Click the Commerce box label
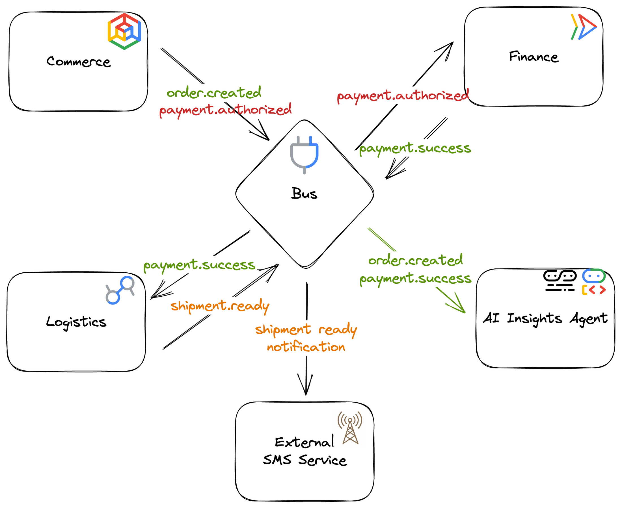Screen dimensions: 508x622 [x=79, y=62]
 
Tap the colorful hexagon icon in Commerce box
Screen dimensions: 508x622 [x=124, y=31]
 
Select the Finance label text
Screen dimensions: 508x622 [x=534, y=57]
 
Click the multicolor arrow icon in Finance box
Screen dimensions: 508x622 [x=584, y=27]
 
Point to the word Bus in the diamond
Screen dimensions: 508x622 [x=304, y=194]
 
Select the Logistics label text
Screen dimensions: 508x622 [x=76, y=322]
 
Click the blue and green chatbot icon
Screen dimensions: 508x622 [x=594, y=276]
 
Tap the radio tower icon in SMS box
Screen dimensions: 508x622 [x=350, y=428]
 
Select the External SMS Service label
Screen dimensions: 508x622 [x=304, y=451]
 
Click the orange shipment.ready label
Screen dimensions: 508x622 [x=220, y=306]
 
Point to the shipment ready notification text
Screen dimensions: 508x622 [x=306, y=338]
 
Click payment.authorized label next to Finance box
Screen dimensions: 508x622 [x=403, y=96]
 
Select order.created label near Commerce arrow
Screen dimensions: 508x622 [x=214, y=93]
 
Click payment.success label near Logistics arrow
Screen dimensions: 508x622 [x=199, y=265]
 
